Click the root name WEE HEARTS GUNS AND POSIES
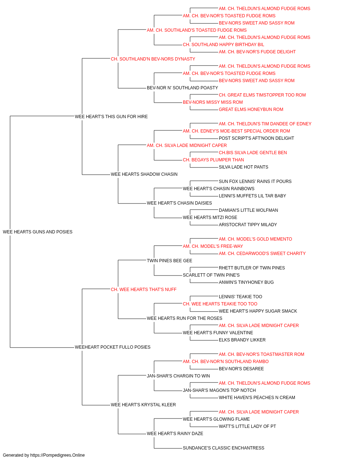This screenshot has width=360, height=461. [x=37, y=232]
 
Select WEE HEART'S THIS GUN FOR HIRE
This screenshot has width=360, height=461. [x=111, y=117]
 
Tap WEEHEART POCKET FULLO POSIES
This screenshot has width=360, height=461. [x=113, y=347]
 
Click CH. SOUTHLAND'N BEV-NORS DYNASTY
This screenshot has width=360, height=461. [x=153, y=59]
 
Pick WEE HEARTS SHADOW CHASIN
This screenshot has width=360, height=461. [x=144, y=174]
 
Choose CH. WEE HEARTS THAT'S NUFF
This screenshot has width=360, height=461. [x=144, y=290]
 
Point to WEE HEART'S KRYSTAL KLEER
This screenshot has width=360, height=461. [x=143, y=405]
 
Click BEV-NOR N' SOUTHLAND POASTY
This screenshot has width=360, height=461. [x=182, y=88]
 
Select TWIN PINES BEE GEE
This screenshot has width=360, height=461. [x=170, y=261]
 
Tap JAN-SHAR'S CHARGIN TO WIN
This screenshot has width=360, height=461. [x=178, y=376]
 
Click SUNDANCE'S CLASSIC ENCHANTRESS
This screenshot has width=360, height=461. [x=224, y=448]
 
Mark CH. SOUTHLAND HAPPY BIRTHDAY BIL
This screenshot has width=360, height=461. [x=224, y=45]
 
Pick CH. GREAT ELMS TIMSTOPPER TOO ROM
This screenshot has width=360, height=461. [x=262, y=95]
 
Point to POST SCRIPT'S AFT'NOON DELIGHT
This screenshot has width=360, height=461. [x=256, y=138]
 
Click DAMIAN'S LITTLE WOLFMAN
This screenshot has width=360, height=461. [x=248, y=210]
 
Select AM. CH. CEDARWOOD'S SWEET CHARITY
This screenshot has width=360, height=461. [x=262, y=254]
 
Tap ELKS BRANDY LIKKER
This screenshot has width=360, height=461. [x=242, y=340]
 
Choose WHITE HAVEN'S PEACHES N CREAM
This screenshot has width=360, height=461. [x=257, y=398]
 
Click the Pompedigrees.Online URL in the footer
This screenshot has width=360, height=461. [x=58, y=455]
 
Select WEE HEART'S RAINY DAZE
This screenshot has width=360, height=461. [x=175, y=434]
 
